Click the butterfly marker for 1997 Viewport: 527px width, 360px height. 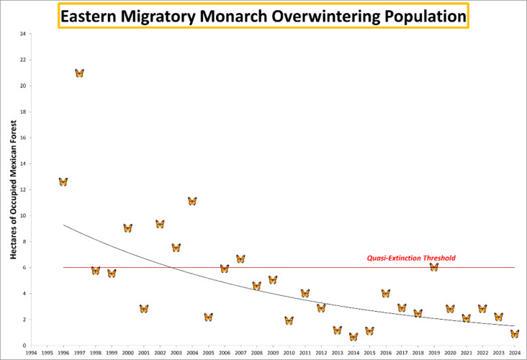click(x=79, y=73)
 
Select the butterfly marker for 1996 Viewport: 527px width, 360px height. click(x=63, y=181)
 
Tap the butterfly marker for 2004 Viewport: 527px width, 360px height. click(x=192, y=201)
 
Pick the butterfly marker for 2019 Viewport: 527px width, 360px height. click(x=434, y=266)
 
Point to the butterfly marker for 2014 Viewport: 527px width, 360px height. click(x=353, y=336)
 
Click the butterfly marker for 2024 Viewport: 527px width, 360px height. click(x=515, y=333)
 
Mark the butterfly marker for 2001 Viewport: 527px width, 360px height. click(x=144, y=308)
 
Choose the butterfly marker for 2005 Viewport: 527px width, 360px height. click(x=208, y=317)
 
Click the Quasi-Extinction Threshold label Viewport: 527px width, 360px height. click(x=411, y=258)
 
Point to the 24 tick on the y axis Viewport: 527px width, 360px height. click(x=23, y=34)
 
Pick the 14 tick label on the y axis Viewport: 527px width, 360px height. click(x=23, y=163)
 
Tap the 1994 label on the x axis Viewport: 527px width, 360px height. click(x=31, y=354)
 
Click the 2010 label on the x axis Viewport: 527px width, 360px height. click(x=289, y=354)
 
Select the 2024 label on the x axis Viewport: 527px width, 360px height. click(x=514, y=354)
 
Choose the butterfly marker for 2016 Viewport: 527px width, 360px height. click(x=386, y=293)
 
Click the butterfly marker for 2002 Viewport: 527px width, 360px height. click(x=160, y=224)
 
